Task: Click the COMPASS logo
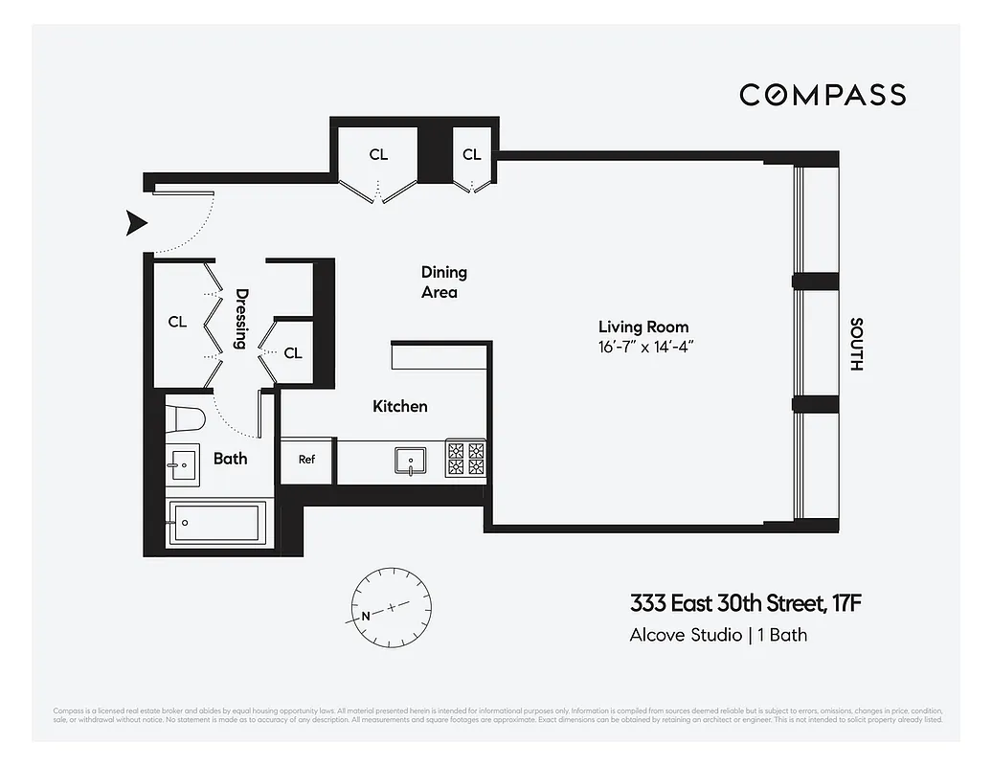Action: (x=822, y=95)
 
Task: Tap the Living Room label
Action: (x=643, y=327)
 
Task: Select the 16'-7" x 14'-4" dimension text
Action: (x=643, y=346)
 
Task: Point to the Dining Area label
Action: (x=443, y=282)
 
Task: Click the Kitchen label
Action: (x=399, y=407)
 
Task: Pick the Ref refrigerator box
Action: (x=306, y=460)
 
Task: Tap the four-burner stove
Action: (x=466, y=459)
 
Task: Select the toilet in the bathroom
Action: (x=186, y=419)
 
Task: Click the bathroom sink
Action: (x=183, y=466)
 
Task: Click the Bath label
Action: (x=230, y=459)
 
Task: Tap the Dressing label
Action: (x=242, y=320)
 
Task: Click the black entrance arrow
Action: (x=137, y=223)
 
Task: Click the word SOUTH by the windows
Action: (x=856, y=345)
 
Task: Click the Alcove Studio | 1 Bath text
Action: (x=718, y=634)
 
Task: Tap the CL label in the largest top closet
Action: (x=378, y=155)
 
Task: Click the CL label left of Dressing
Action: (x=177, y=322)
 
